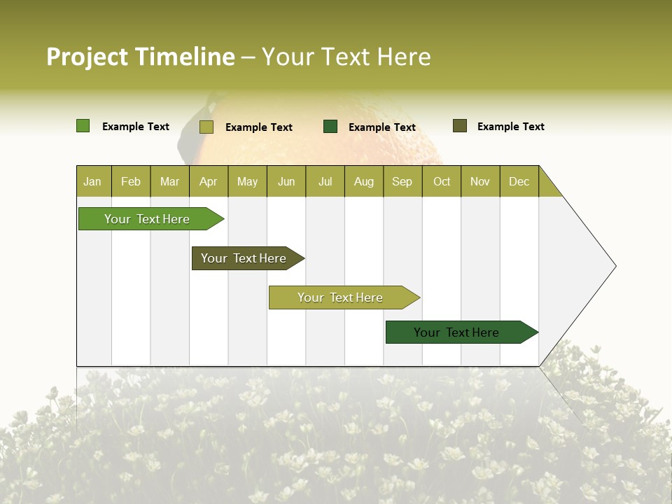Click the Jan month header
coord(93,181)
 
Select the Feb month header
coord(131,181)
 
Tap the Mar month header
coord(169,181)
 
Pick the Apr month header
coord(209,181)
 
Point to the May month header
coord(247,181)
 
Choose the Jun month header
coord(286,181)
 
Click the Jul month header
coord(325,181)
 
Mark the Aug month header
coord(364,181)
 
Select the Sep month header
coord(402,181)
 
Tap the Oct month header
coord(442,181)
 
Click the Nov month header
coord(480,181)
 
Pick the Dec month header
coord(519,181)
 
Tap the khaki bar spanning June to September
coord(341,297)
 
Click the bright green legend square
coord(83,126)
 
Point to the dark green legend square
coord(330,126)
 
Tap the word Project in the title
coord(87,57)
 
